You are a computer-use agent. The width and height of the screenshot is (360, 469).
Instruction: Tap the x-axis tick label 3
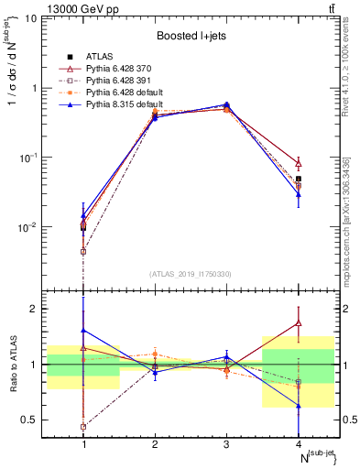click(225, 444)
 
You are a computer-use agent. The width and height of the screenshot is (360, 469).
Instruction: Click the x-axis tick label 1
click(83, 444)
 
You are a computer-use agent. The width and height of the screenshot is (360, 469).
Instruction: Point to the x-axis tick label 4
click(297, 444)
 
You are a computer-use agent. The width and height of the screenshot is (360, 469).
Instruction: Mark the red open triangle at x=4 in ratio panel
click(298, 322)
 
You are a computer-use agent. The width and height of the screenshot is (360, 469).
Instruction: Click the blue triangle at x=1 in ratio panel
click(83, 330)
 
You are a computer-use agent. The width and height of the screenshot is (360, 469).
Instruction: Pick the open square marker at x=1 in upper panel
click(83, 251)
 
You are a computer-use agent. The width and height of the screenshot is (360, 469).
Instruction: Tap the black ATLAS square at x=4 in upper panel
click(298, 180)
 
